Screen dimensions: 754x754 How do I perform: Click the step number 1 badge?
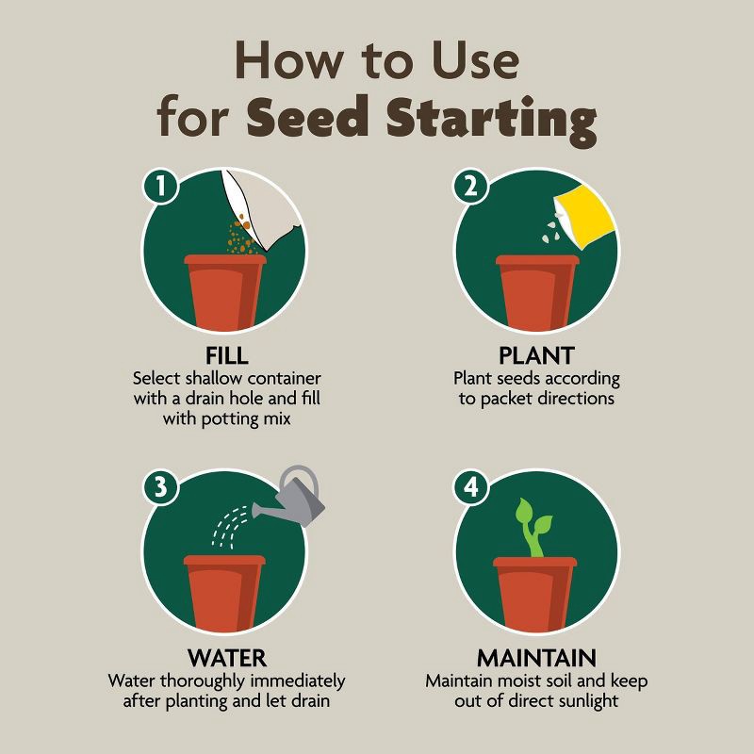click(x=161, y=187)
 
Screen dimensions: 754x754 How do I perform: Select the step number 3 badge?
click(x=161, y=487)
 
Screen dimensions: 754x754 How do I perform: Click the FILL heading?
click(x=226, y=357)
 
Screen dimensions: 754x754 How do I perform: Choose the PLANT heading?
click(x=536, y=357)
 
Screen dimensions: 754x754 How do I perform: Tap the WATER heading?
click(x=226, y=657)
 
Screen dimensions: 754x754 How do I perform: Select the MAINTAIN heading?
click(x=536, y=657)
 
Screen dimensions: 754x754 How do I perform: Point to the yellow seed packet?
click(x=587, y=217)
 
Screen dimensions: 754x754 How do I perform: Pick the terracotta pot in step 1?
click(x=226, y=292)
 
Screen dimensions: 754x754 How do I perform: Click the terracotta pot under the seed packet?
click(x=536, y=292)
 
